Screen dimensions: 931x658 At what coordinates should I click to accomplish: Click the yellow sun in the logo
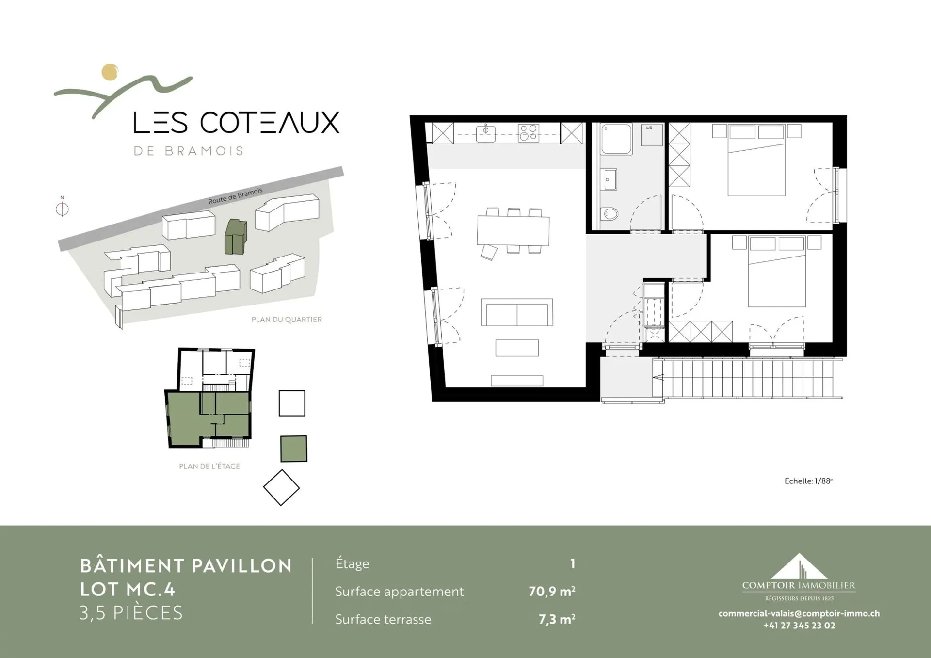tap(110, 72)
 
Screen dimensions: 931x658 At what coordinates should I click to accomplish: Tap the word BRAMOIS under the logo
tap(204, 151)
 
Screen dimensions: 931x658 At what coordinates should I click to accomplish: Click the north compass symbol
tap(62, 209)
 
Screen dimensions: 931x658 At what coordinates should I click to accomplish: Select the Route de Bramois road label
tap(235, 195)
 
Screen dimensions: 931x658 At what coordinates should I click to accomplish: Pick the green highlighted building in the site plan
tap(236, 237)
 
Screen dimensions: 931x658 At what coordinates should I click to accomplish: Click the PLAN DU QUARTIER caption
tap(287, 320)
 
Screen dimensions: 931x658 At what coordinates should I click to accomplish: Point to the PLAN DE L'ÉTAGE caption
tap(209, 466)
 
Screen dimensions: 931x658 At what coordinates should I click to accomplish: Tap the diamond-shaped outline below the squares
tap(281, 487)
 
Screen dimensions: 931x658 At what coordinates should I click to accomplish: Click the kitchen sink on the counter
tap(486, 132)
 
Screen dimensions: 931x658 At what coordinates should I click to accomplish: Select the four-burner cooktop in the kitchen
tap(529, 133)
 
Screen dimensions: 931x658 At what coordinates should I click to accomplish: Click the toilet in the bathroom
tap(610, 213)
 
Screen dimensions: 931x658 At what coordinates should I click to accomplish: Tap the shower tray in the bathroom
tap(617, 139)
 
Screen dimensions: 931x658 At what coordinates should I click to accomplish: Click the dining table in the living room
tap(514, 231)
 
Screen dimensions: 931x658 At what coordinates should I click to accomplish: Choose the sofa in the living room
tap(517, 312)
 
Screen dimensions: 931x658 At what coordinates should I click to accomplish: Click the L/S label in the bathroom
tap(649, 128)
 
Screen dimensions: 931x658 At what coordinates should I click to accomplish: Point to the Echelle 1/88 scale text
tap(808, 481)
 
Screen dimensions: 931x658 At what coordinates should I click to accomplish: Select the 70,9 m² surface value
tap(552, 591)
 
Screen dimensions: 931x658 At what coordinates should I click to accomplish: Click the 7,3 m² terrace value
tap(557, 619)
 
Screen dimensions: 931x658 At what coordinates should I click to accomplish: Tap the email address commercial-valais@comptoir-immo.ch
tap(799, 613)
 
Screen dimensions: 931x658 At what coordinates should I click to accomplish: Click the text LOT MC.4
tap(128, 589)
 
